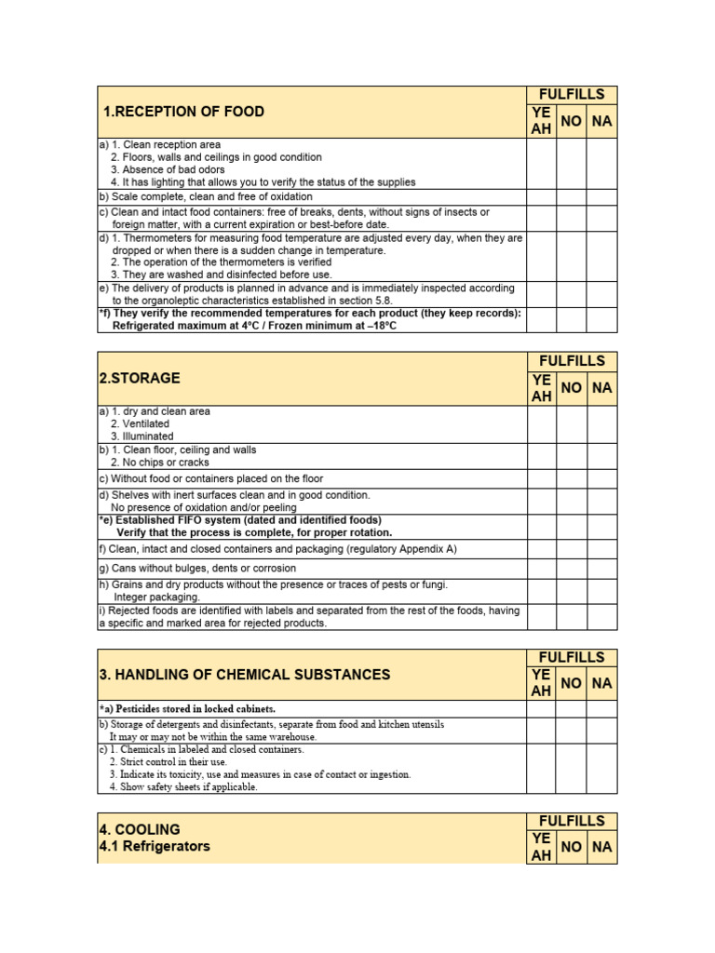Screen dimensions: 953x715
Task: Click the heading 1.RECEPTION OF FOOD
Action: [x=183, y=112]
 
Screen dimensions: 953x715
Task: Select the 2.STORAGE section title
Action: [x=140, y=379]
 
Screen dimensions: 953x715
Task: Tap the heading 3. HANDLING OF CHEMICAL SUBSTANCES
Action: [x=245, y=675]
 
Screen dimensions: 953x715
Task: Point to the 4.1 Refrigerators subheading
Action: [x=155, y=847]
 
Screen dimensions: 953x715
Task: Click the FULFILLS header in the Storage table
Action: [x=572, y=361]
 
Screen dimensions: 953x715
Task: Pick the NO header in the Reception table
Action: [x=572, y=121]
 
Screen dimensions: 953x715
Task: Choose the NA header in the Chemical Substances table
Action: [x=601, y=683]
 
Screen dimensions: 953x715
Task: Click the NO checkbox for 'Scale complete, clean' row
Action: [x=572, y=197]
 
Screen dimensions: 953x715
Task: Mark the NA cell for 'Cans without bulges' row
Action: [x=601, y=569]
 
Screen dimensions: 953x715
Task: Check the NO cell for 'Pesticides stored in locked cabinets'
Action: [x=572, y=709]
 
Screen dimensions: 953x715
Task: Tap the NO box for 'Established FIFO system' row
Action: [x=572, y=527]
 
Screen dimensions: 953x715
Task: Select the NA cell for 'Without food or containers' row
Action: [x=601, y=479]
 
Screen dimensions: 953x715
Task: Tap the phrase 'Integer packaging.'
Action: [x=156, y=597]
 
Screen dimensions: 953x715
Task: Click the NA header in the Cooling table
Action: [x=601, y=847]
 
